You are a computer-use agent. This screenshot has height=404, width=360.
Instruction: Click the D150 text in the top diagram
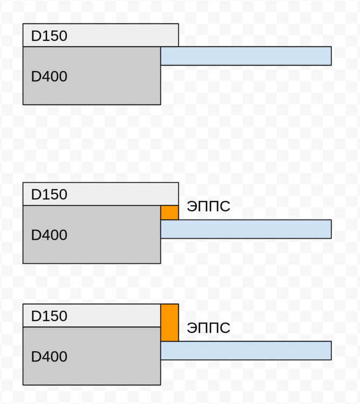pos(49,36)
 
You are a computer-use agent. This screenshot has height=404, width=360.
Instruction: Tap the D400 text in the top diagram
pos(49,76)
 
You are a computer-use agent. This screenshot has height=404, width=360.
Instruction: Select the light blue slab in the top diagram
pos(246,56)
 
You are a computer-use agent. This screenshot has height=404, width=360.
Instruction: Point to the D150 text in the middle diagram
pos(49,194)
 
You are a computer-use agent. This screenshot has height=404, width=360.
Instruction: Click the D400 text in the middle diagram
pos(49,235)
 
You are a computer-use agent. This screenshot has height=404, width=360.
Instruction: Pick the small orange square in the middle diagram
pos(170,213)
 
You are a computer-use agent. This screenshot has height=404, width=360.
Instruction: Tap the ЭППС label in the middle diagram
pos(209,206)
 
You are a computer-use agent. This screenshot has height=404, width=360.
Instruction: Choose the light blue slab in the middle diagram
pos(246,229)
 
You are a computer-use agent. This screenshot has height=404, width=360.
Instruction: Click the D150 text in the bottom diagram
pos(49,316)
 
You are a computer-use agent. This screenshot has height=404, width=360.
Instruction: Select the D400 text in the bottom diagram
pos(49,357)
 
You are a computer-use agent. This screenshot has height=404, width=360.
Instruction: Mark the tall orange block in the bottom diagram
pos(170,323)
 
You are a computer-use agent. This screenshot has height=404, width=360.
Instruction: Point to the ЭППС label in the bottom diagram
pos(209,328)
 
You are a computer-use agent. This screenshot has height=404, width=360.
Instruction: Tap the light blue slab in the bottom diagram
pos(246,351)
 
